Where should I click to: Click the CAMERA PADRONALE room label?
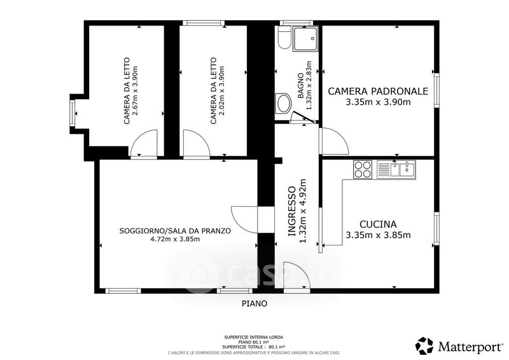click(x=378, y=91)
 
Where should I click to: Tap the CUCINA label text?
click(x=378, y=225)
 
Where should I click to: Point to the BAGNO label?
click(x=300, y=86)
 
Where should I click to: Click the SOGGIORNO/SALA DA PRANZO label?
click(x=176, y=231)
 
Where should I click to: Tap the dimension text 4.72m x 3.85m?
click(x=175, y=239)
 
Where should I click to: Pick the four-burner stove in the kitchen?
click(x=363, y=169)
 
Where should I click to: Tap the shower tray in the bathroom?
click(x=305, y=39)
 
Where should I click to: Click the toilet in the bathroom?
click(x=284, y=38)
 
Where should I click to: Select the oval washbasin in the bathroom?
click(x=284, y=103)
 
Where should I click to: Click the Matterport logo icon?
click(x=424, y=346)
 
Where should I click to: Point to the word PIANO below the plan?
click(x=254, y=303)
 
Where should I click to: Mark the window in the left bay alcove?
click(x=73, y=114)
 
